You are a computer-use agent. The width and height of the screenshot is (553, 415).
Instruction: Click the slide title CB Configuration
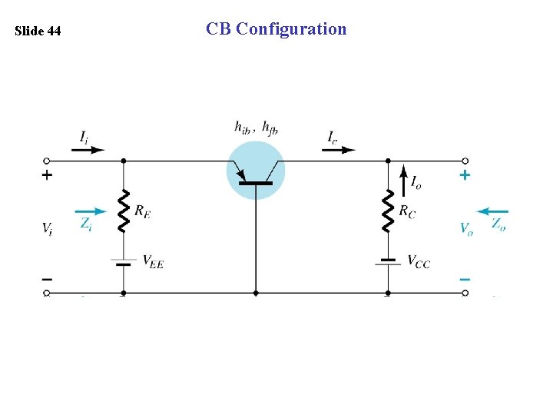(x=276, y=29)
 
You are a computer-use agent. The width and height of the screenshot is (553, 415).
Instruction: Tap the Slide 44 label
(x=38, y=32)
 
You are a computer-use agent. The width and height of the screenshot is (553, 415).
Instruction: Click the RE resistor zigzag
(x=123, y=211)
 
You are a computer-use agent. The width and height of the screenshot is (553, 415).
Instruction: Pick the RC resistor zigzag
(x=388, y=211)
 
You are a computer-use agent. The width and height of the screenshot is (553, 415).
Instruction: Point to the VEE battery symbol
(x=123, y=262)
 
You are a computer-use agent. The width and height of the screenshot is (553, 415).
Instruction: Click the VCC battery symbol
(x=388, y=261)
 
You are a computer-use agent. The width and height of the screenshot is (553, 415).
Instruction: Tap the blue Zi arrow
(x=91, y=211)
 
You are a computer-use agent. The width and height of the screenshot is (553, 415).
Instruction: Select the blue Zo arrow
(x=492, y=211)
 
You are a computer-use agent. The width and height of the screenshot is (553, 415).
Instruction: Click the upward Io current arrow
(x=406, y=182)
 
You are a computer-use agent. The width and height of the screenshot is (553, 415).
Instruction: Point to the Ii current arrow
(x=88, y=150)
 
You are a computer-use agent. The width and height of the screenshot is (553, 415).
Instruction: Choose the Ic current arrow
(x=338, y=150)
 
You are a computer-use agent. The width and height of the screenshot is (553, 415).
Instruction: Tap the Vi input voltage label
(x=47, y=228)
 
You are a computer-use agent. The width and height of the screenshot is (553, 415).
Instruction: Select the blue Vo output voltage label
(x=465, y=228)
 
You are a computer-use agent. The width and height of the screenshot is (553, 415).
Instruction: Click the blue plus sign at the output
(x=464, y=175)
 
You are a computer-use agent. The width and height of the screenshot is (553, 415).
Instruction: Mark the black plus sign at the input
(x=47, y=175)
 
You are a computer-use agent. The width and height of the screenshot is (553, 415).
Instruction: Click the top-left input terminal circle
(x=46, y=161)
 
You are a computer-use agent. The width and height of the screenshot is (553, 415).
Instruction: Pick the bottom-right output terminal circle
(x=465, y=293)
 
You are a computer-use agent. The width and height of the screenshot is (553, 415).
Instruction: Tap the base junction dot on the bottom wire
(x=256, y=293)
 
